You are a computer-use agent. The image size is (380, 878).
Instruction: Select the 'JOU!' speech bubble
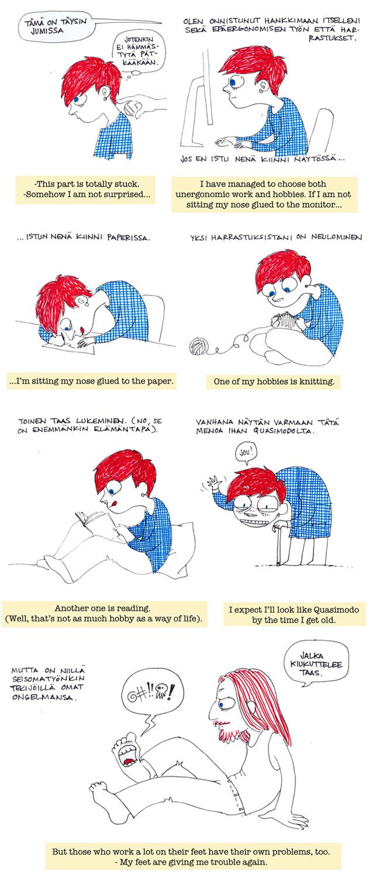coord(246,454)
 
